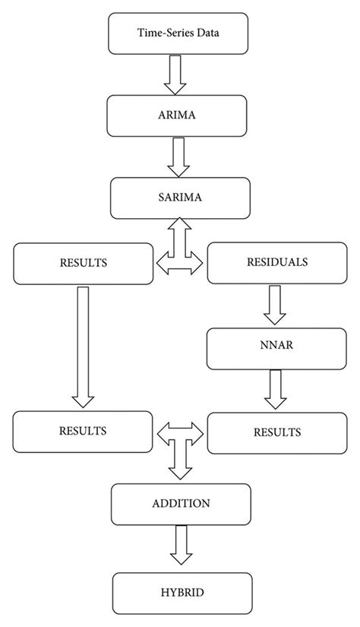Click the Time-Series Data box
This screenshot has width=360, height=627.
click(179, 33)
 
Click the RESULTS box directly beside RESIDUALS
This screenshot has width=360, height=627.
click(82, 262)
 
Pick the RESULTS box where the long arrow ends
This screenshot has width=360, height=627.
click(82, 430)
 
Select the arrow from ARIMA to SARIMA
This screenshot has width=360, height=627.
click(179, 155)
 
